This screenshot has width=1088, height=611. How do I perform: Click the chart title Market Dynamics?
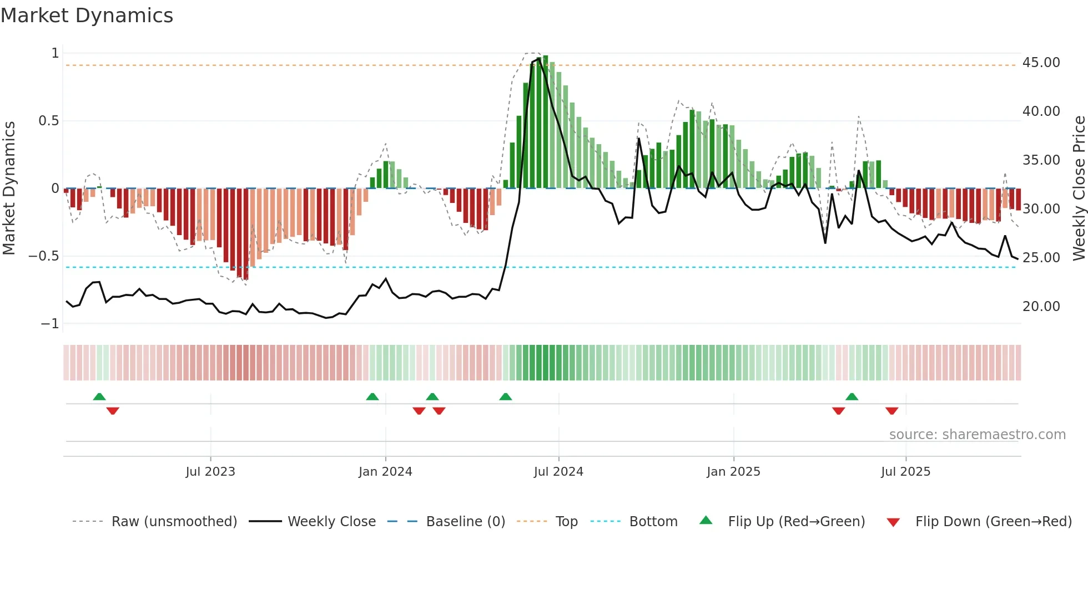[x=87, y=16]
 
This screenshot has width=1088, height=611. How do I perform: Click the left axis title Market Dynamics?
[x=9, y=188]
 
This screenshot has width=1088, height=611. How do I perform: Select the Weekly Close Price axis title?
[x=1079, y=188]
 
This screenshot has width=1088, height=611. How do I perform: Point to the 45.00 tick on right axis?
[x=1041, y=63]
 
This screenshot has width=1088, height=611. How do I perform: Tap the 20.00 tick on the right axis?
[x=1041, y=307]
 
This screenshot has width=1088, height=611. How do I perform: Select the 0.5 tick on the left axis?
[x=48, y=121]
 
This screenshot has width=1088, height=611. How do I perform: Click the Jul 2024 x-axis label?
[x=558, y=472]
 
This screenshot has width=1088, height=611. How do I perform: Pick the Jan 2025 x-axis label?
[x=733, y=472]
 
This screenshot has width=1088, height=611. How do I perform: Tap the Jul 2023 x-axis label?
[x=210, y=472]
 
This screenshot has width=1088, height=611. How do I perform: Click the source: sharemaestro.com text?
[x=977, y=435]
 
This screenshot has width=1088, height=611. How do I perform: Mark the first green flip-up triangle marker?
[x=99, y=397]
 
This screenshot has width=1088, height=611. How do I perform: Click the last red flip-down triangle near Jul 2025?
[x=891, y=411]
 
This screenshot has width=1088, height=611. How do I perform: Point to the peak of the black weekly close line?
[x=538, y=59]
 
